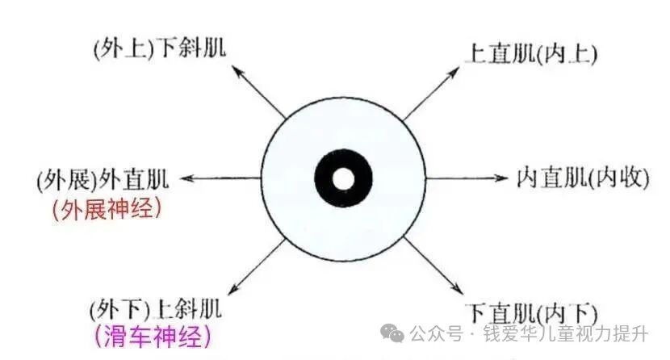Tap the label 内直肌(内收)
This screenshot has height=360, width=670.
coord(582,178)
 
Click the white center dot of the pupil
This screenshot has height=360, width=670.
coord(343,178)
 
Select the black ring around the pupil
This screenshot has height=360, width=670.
coord(325,178)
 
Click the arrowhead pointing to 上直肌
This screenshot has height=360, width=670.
coord(454,72)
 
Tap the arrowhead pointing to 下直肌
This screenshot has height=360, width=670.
coord(458,289)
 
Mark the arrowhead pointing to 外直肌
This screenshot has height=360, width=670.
coord(187,178)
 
